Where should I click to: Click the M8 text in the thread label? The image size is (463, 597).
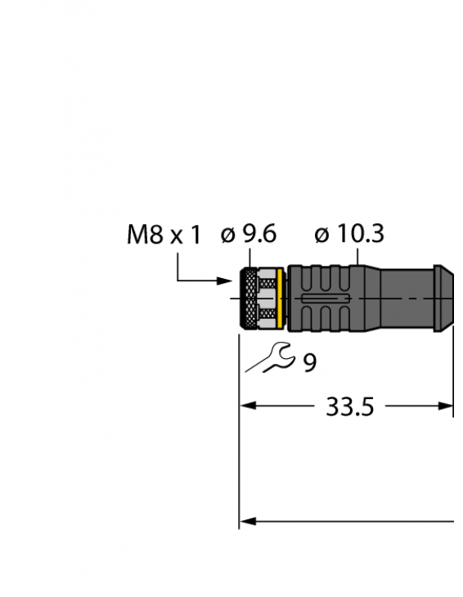coord(145,236)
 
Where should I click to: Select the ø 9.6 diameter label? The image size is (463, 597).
coord(249,235)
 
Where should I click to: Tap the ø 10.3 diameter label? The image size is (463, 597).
coord(349,235)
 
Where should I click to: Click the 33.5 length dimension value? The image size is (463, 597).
coord(349,406)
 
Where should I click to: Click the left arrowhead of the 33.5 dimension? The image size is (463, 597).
coord(246,406)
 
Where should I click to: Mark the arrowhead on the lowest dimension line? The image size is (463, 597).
coord(246,520)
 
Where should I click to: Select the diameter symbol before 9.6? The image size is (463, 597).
coord(228,236)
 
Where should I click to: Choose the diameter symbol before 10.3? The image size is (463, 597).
coord(322,236)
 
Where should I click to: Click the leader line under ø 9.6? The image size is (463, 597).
coord(254,257)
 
